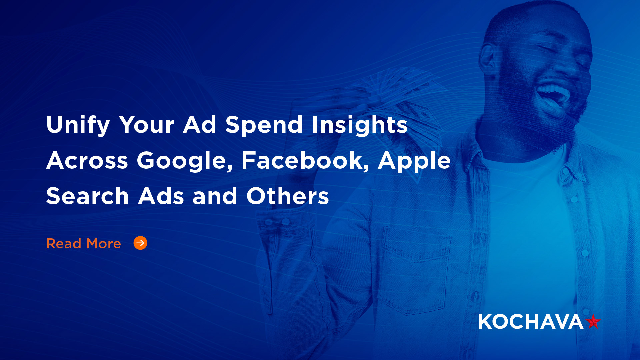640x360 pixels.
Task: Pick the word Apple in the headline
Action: coord(414,161)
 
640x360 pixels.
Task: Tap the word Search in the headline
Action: coord(87,196)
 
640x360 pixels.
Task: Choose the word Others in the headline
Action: coord(287,196)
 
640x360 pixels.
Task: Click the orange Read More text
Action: coord(83,244)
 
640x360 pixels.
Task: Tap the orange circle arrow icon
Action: coord(140,243)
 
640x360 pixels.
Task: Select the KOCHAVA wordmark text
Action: coord(530,322)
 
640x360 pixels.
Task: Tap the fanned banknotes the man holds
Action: coord(400,100)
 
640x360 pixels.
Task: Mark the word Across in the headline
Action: coord(87,161)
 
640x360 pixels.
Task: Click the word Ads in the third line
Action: coord(161,196)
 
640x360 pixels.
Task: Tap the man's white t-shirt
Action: coord(530,233)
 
